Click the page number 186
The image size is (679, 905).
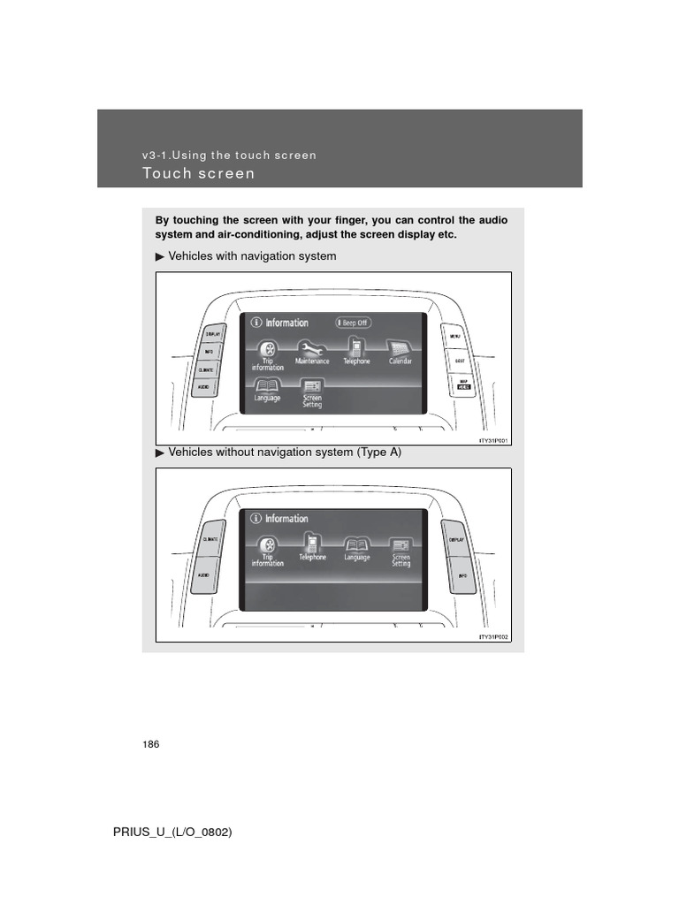pos(150,745)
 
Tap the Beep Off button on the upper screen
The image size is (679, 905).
pos(351,323)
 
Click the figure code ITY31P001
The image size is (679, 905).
pos(494,439)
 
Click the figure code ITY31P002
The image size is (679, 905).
pos(494,635)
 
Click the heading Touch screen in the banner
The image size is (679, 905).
pos(198,173)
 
